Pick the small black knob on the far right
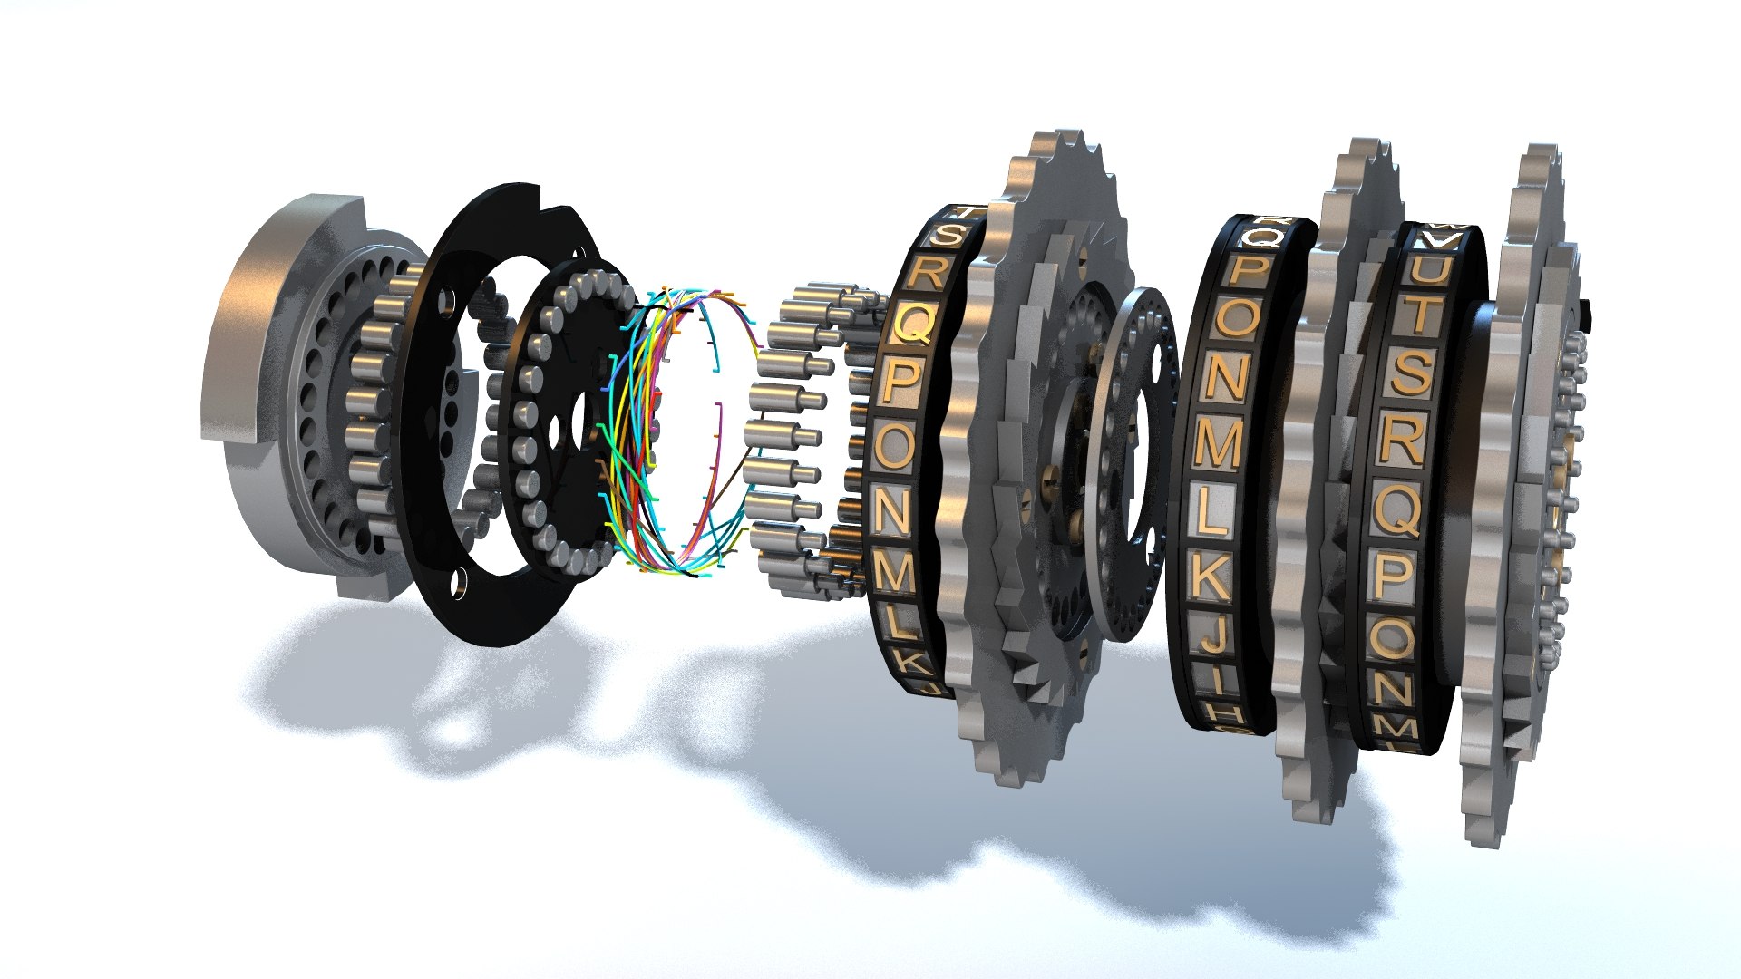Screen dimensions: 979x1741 tap(1586, 313)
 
